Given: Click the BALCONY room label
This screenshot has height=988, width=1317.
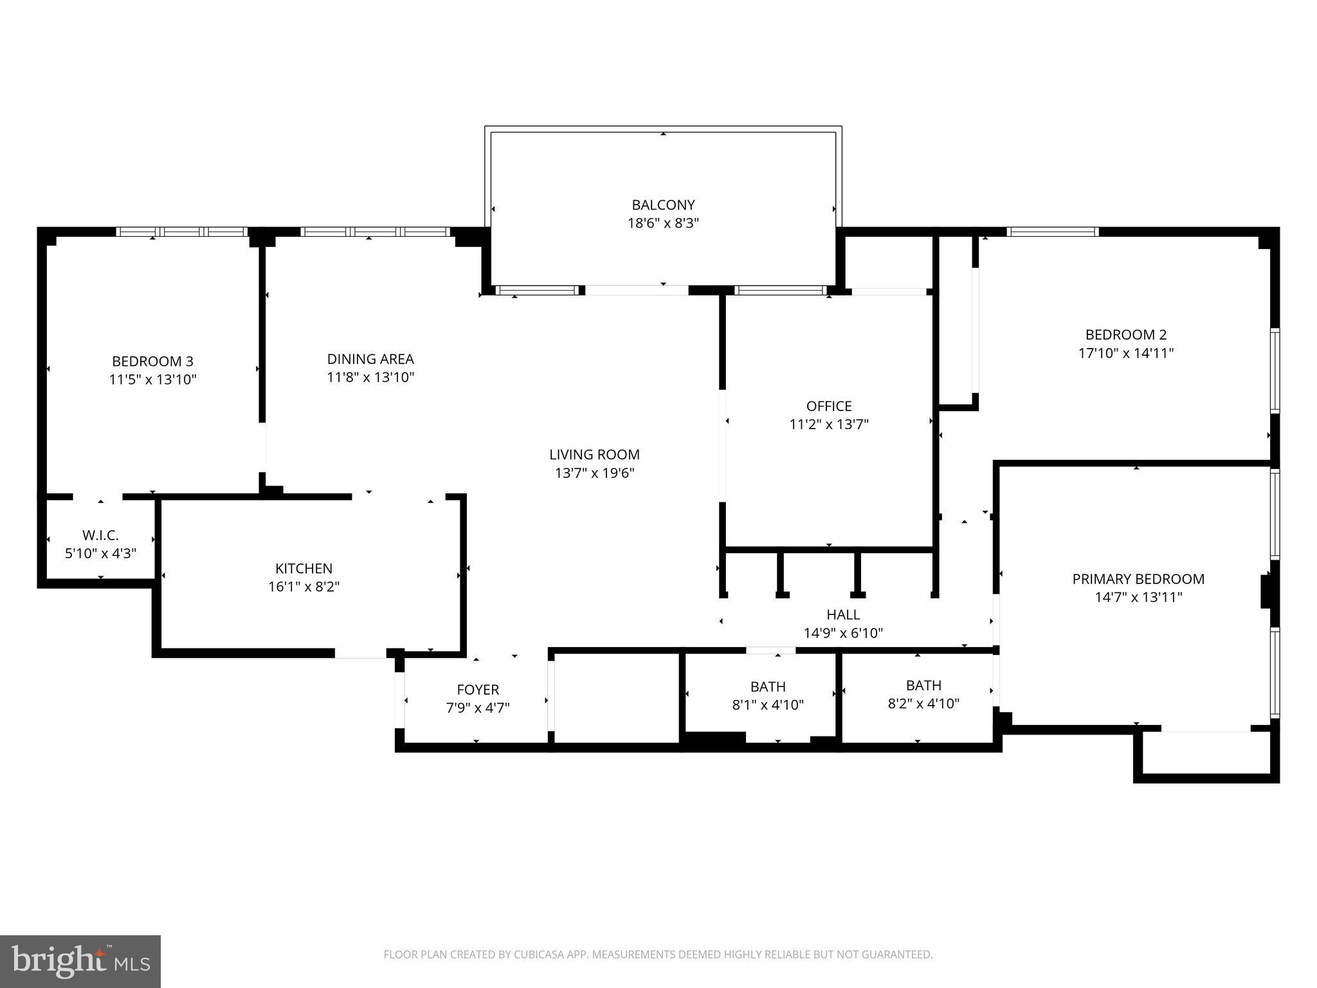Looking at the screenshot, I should coord(663,205).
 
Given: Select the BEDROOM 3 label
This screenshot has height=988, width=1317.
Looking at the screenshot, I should coord(152,361).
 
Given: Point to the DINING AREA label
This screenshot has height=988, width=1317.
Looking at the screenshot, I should coord(370,359).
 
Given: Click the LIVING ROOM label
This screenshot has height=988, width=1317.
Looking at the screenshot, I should coord(594,455).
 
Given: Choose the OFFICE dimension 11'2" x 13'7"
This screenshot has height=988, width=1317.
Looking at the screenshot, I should coord(829,425).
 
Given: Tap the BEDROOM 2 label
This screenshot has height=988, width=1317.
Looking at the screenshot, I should coord(1125,334).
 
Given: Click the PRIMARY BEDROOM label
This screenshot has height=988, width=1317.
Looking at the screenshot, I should coord(1138,579).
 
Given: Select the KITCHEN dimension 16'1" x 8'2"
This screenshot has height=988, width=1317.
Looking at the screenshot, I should coord(304,587).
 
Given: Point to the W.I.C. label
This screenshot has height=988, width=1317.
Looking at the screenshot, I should coord(100,535).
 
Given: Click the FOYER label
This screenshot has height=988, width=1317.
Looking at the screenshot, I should coord(478,690).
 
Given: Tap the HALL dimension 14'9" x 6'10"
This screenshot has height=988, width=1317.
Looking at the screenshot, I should coord(843,633).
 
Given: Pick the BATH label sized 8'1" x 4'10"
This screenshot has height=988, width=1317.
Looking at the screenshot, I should coord(768,686).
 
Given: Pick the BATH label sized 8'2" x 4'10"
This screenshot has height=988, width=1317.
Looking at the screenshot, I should coord(923,685).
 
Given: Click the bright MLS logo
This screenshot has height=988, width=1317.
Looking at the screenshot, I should coord(80,961).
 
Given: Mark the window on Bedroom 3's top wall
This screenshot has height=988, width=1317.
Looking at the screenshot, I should coord(182,232).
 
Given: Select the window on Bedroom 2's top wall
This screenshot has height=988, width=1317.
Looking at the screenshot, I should coord(1052,232).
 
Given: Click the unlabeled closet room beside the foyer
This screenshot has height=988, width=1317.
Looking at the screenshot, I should coord(616,698).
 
